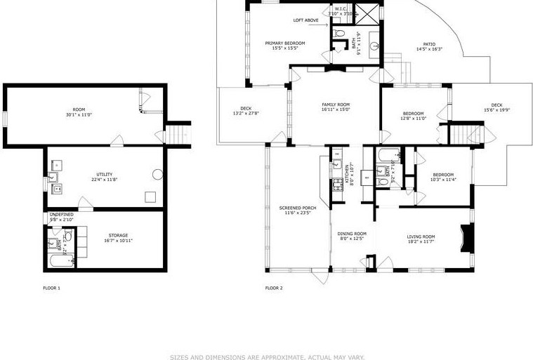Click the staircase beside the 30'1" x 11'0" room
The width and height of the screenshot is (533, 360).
178,133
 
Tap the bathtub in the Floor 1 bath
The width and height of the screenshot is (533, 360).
60,262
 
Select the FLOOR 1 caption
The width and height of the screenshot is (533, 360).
51,288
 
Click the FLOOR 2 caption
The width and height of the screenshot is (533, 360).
274,288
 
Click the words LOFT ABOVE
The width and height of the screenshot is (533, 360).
305,20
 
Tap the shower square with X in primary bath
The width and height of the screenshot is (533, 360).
365,12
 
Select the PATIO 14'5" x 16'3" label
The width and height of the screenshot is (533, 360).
429,46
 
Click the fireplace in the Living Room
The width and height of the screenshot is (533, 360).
464,238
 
